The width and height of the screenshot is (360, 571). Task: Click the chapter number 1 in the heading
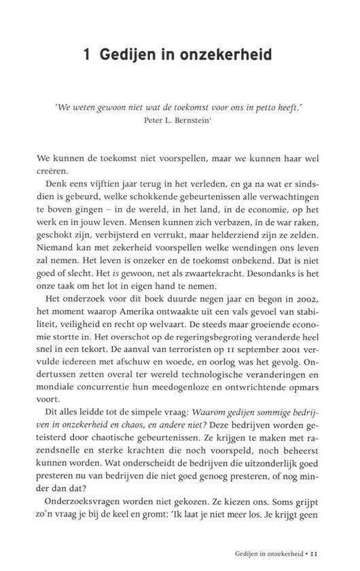click(x=88, y=54)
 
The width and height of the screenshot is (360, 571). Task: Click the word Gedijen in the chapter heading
click(x=128, y=55)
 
